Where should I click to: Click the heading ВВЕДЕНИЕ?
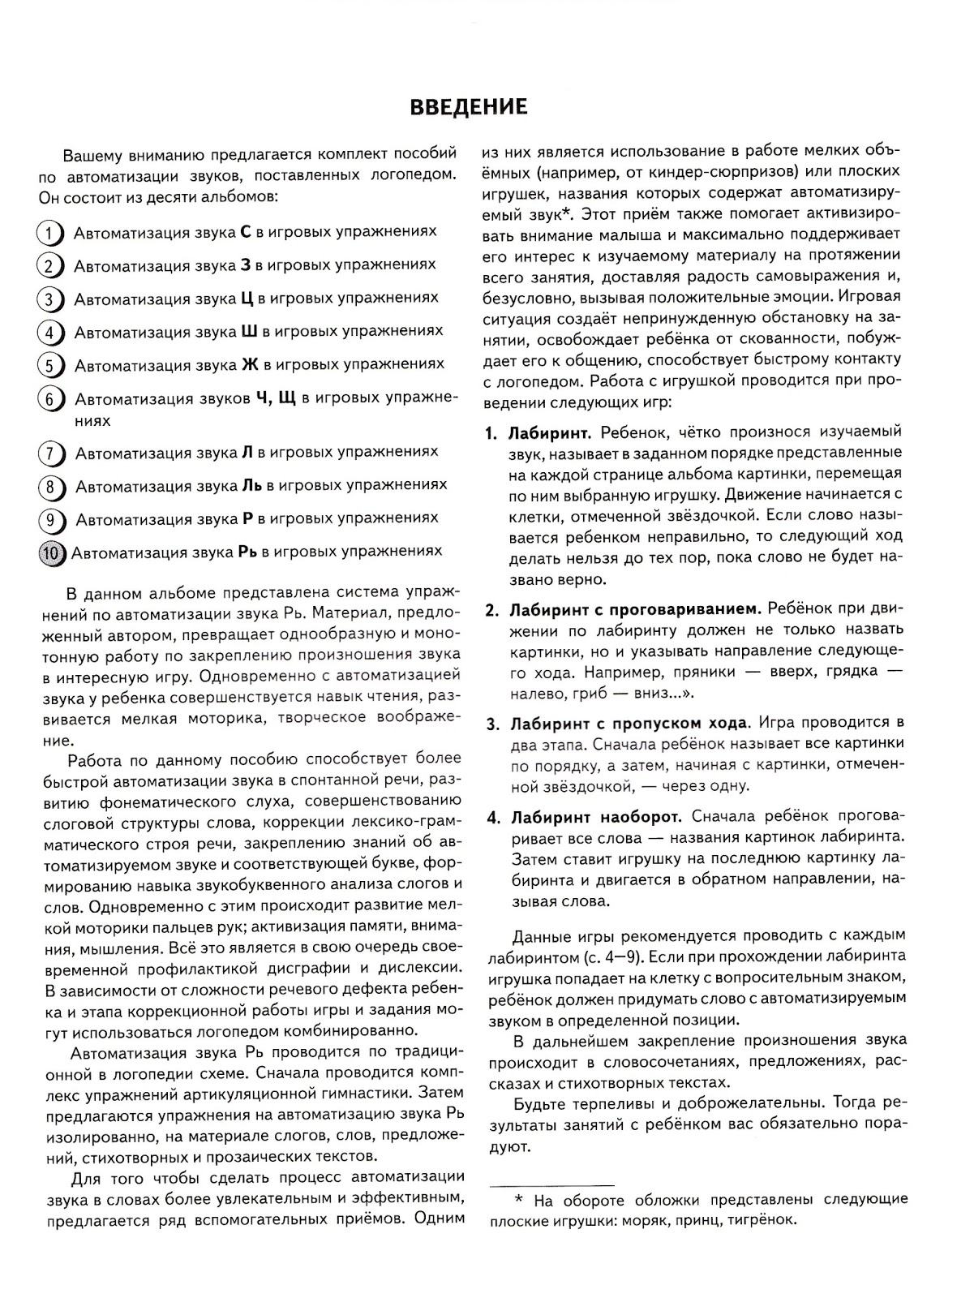tap(468, 107)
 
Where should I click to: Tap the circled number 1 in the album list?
tap(50, 233)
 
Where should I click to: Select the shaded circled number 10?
tap(52, 552)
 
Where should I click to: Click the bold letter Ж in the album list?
tap(250, 364)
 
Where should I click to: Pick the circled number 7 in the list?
tap(50, 453)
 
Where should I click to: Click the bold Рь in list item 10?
tap(247, 552)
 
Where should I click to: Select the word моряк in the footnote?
tap(644, 1219)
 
